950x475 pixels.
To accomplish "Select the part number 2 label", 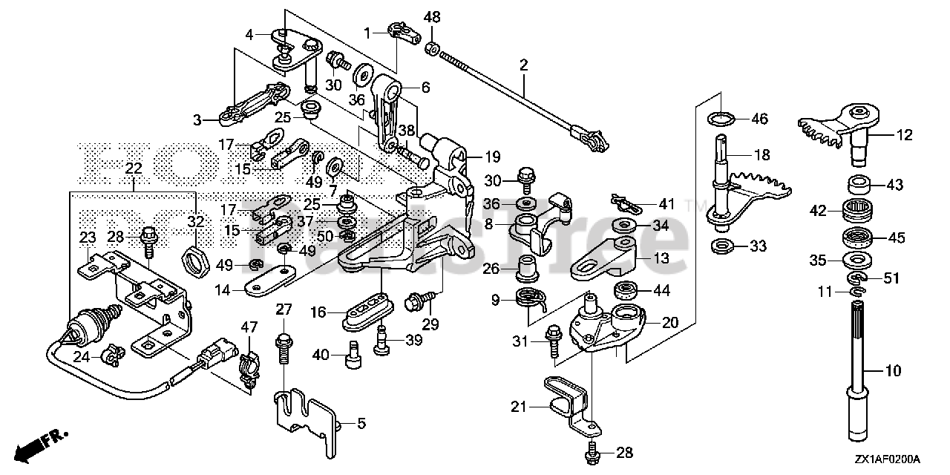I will (x=523, y=65).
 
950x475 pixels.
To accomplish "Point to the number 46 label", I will (x=759, y=119).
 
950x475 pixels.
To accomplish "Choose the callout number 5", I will (x=361, y=424).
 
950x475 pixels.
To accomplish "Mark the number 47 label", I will (x=247, y=326).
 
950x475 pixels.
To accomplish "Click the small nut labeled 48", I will (x=430, y=50).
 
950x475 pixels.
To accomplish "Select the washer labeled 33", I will (x=719, y=245).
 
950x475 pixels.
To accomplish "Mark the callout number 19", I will (x=494, y=157).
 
